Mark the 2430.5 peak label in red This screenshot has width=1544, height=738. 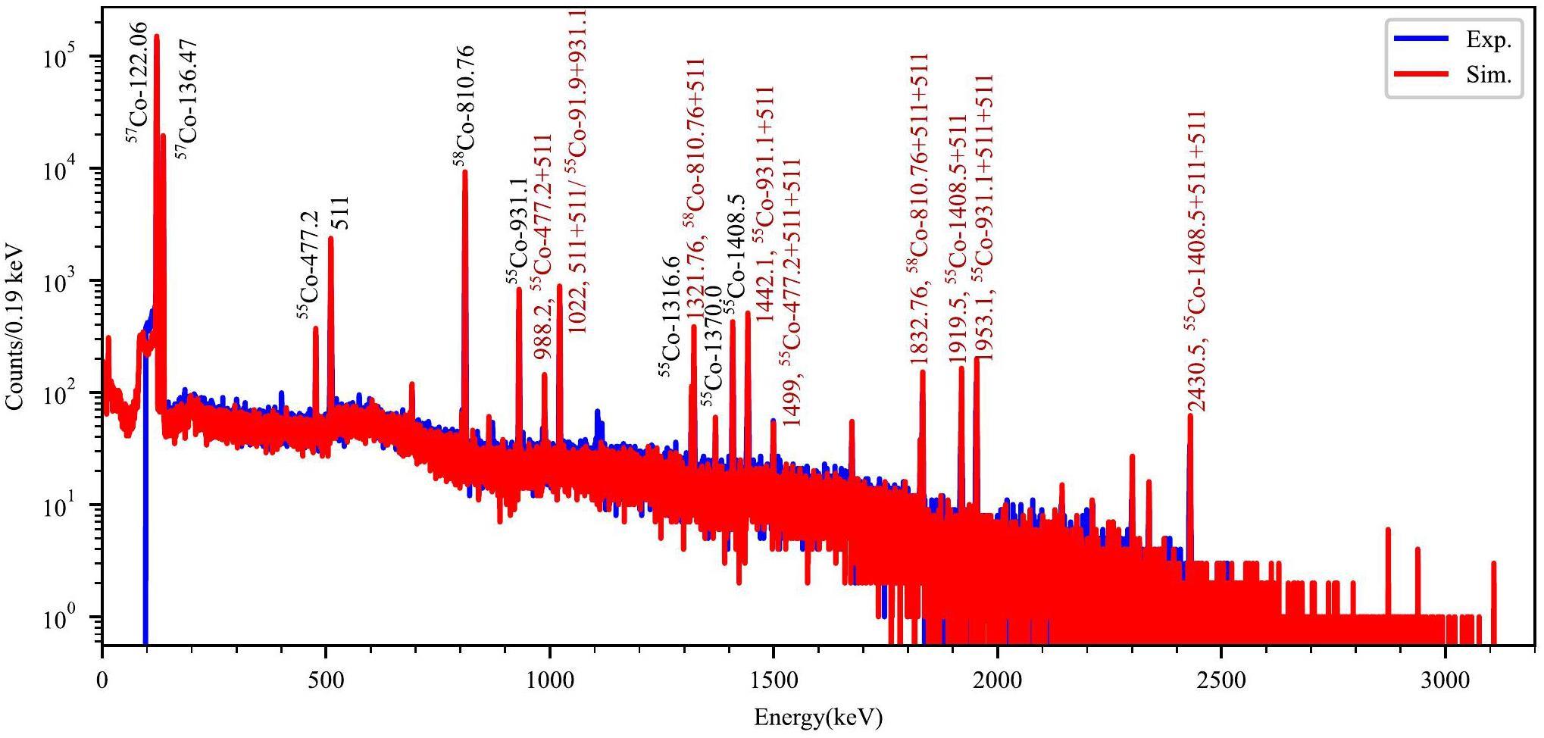click(x=1196, y=261)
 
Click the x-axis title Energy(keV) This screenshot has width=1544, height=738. click(x=818, y=716)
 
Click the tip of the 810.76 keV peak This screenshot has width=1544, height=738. click(x=464, y=173)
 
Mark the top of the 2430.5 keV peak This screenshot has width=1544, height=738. click(x=1189, y=417)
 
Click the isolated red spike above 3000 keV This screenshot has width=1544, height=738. click(x=1493, y=563)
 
